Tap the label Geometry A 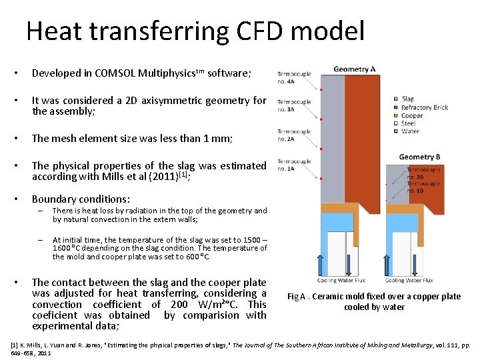click(x=354, y=69)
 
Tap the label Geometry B click(x=419, y=157)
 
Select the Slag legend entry click(x=407, y=99)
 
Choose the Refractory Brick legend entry click(x=424, y=107)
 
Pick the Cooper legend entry click(x=411, y=115)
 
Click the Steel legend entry click(x=408, y=123)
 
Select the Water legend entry click(x=409, y=131)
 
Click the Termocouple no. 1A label click(x=294, y=165)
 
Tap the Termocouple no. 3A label click(x=294, y=105)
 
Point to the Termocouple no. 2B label click(x=424, y=174)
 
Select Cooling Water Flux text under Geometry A click(x=341, y=281)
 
